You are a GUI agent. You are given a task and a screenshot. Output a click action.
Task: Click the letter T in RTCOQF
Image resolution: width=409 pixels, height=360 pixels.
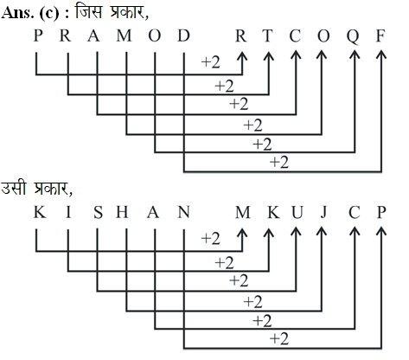tap(268, 36)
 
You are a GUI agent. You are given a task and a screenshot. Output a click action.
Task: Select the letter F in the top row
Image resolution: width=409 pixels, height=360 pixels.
tap(380, 36)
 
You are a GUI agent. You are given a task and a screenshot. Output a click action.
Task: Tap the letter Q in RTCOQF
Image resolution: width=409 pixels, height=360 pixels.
tap(353, 37)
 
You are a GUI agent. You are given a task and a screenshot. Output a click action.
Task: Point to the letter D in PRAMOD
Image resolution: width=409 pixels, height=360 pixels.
tap(183, 36)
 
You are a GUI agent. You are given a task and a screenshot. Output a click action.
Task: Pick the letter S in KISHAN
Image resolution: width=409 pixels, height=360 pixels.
tap(98, 213)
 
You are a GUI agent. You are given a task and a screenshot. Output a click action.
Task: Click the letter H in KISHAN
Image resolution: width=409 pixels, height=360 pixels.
tap(122, 213)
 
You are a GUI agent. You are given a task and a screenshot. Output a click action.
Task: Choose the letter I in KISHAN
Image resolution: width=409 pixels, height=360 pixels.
tap(68, 213)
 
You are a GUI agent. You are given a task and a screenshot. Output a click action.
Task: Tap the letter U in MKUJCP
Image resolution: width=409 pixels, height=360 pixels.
tap(297, 213)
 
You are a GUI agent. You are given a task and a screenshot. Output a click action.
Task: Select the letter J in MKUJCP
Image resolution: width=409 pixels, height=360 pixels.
tap(323, 213)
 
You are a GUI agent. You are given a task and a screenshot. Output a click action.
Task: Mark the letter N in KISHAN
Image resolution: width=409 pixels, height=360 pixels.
tap(183, 213)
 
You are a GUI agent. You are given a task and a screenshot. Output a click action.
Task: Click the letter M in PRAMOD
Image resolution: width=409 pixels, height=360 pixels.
tap(124, 36)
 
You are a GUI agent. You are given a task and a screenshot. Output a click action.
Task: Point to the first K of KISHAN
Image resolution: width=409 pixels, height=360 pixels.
tap(40, 213)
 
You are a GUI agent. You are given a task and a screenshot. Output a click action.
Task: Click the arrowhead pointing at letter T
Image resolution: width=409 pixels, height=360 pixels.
tap(269, 56)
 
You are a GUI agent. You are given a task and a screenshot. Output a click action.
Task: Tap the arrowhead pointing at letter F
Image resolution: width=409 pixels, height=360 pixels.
tap(381, 55)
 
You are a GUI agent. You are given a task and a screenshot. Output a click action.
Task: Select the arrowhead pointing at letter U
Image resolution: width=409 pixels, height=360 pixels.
tap(296, 233)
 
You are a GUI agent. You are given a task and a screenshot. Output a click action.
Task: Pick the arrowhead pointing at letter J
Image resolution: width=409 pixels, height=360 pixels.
tap(322, 233)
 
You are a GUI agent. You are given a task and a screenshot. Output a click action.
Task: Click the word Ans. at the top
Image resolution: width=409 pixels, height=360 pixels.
tap(17, 13)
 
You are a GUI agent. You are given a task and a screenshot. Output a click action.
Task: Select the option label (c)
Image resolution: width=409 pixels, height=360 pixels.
tap(48, 14)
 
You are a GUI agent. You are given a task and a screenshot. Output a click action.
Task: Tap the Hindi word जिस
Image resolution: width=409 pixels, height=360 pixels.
tap(88, 12)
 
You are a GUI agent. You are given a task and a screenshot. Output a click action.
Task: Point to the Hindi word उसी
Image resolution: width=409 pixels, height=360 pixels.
tap(14, 188)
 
